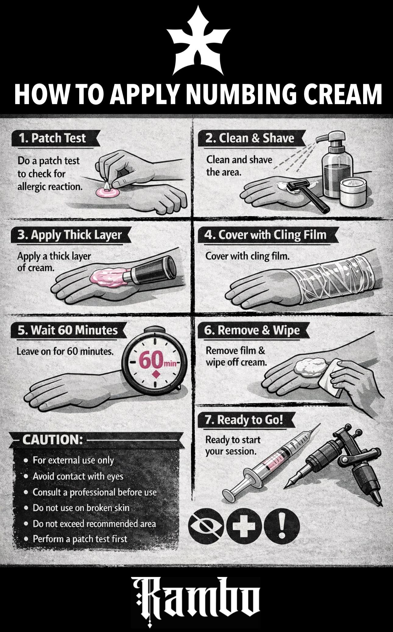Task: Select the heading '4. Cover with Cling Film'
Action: [x=265, y=235]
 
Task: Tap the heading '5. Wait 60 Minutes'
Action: [x=67, y=330]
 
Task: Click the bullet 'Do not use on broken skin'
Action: [x=81, y=508]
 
